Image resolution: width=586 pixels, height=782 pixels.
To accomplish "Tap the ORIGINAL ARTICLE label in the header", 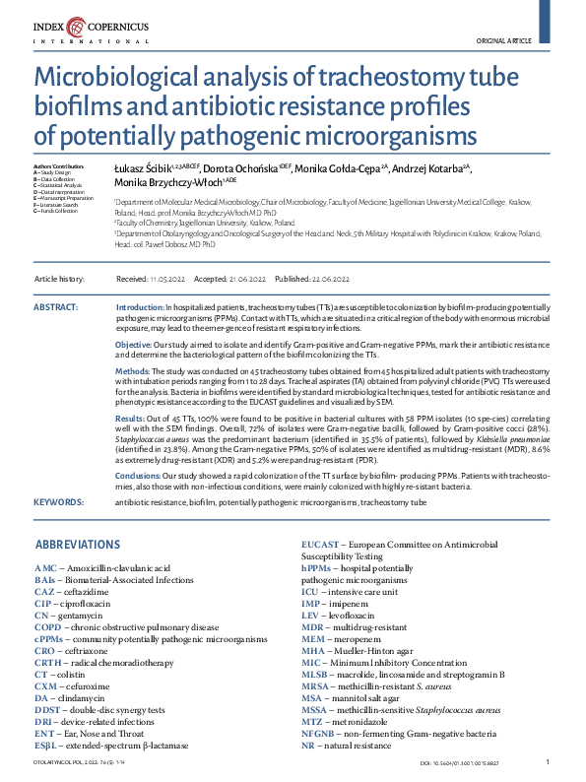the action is (503, 40).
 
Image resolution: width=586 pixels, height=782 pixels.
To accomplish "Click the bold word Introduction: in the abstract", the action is (140, 308).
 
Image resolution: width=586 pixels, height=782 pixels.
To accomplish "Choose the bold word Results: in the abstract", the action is (131, 419).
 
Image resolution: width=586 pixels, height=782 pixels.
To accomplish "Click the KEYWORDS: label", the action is (58, 502).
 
